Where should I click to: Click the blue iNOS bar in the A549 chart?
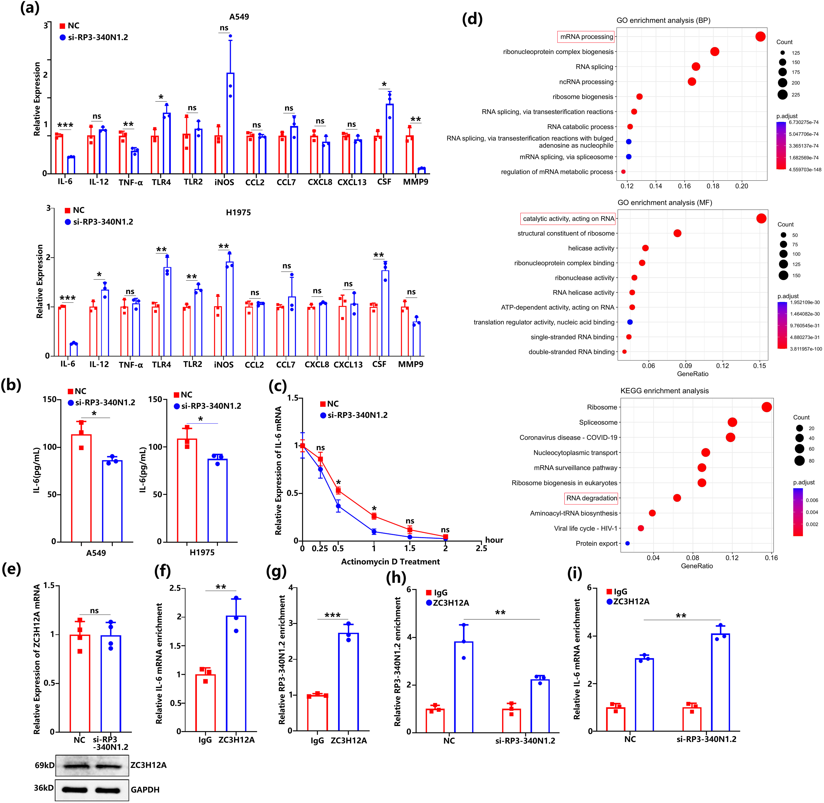[x=230, y=123]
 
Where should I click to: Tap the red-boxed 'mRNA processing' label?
[x=586, y=37]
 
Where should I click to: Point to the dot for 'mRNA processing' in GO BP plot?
[x=760, y=37]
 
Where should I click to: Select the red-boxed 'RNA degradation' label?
[x=591, y=498]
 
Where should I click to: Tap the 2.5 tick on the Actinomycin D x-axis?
[x=481, y=548]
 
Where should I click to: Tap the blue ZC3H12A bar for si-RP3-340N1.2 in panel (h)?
[x=540, y=706]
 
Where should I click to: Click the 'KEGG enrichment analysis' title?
[x=664, y=391]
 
